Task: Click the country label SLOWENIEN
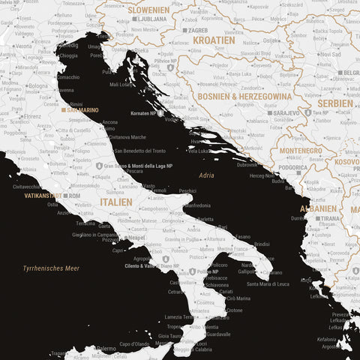pos(148,10)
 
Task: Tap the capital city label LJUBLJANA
pos(150,19)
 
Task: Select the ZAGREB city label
pos(196,31)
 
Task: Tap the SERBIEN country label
pos(336,103)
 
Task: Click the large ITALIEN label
pos(116,202)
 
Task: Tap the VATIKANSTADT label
pos(43,196)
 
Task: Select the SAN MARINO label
pos(82,110)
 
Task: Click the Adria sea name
pos(206,174)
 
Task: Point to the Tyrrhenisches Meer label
pos(51,268)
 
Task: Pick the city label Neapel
pos(136,237)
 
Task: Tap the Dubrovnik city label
pos(247,163)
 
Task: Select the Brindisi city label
pos(262,244)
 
